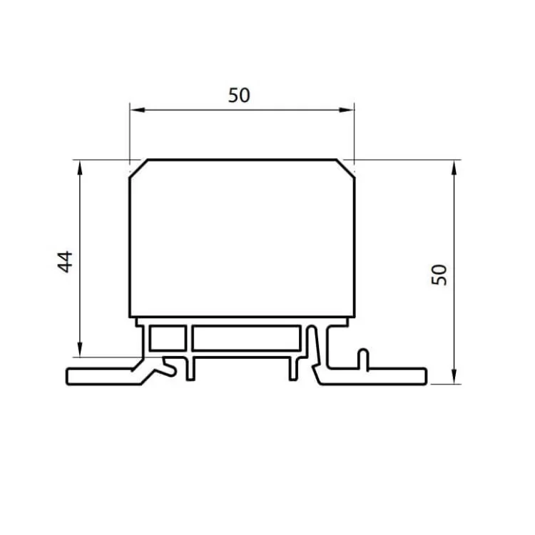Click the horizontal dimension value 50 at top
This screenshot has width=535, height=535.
239,95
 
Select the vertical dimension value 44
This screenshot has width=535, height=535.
65,262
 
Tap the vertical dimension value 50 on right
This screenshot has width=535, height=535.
439,275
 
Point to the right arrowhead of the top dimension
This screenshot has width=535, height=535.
347,110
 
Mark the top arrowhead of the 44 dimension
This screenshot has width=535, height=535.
80,168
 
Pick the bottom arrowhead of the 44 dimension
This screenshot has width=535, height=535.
80,350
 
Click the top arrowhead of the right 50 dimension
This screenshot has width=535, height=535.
454,168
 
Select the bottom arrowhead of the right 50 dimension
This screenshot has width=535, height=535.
454,377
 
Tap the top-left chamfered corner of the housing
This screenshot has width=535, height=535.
138,168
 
